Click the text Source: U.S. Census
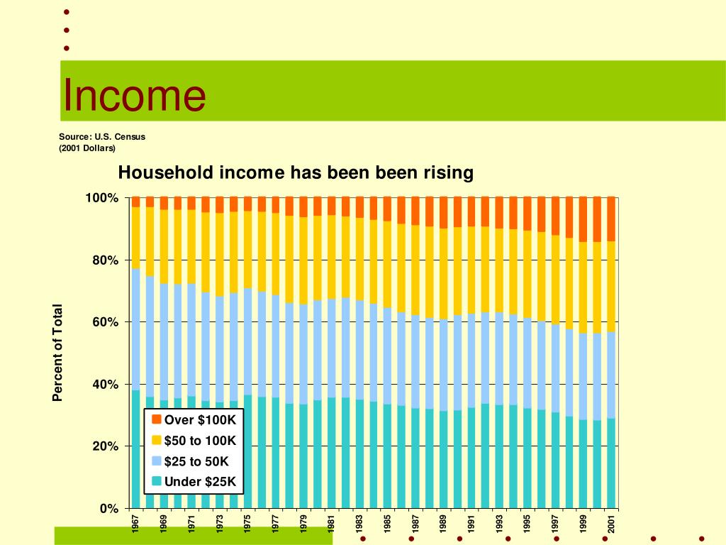point(101,136)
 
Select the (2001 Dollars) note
point(86,148)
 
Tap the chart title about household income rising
point(295,172)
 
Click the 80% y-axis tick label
point(105,260)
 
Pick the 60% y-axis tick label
point(105,322)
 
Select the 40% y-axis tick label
point(105,385)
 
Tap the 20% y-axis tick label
point(105,446)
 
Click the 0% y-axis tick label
point(108,509)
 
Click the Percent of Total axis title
point(58,353)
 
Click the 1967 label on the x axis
point(135,525)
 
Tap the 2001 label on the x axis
point(611,525)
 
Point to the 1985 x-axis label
point(387,525)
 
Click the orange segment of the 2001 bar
point(611,219)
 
